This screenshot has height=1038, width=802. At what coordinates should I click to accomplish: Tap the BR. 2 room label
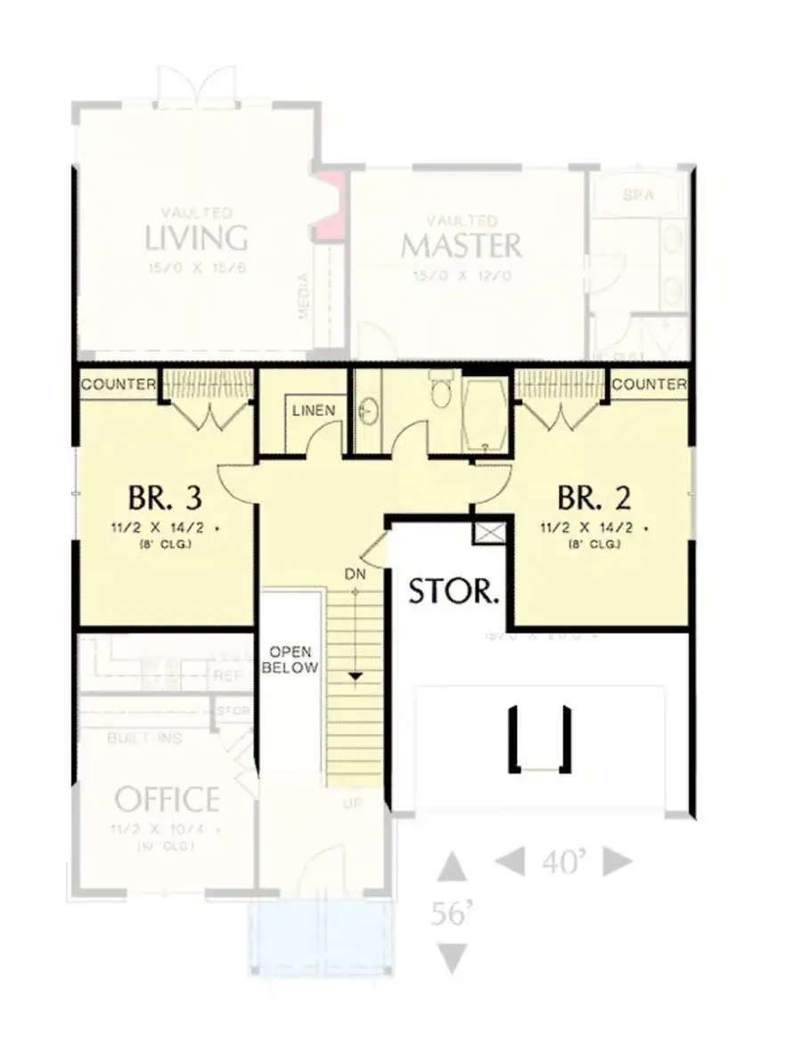(x=594, y=495)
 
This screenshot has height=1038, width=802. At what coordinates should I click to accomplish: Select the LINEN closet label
(x=314, y=411)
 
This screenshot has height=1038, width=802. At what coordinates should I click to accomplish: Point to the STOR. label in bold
(x=454, y=591)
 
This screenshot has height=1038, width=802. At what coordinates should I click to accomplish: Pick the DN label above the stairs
(x=356, y=575)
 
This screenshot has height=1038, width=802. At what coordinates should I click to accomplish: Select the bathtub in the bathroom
(x=486, y=413)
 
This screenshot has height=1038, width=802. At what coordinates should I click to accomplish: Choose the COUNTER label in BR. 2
(x=650, y=385)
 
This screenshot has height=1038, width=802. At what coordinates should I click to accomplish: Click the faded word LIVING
(x=196, y=238)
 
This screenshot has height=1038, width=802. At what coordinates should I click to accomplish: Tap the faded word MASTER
(x=461, y=244)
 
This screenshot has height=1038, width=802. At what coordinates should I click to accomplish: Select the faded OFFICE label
(x=167, y=799)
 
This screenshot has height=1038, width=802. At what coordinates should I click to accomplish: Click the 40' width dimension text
(x=563, y=862)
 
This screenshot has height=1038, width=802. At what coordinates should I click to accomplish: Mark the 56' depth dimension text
(x=453, y=913)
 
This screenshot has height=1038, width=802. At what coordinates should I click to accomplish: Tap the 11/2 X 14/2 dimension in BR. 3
(x=163, y=527)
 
